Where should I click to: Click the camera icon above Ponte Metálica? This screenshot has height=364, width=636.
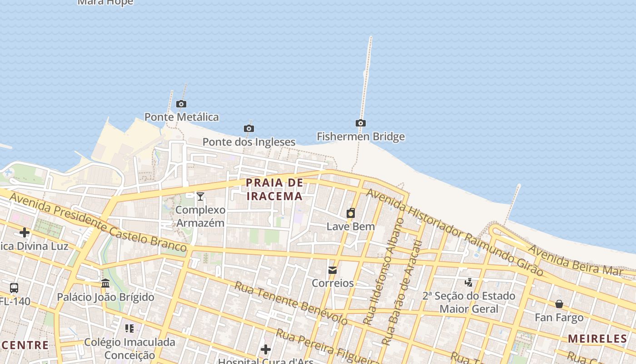click(x=181, y=104)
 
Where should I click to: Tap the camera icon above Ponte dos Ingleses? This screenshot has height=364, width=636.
click(x=249, y=128)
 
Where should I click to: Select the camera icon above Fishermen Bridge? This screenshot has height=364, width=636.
click(x=361, y=123)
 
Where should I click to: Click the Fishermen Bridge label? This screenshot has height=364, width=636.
click(x=361, y=136)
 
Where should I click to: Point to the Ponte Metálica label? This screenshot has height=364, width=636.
click(x=182, y=117)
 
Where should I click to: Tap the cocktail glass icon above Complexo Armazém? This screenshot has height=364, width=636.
click(x=200, y=197)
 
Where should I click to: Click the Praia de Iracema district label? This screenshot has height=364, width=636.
click(x=274, y=189)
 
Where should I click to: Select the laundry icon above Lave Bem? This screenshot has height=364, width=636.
click(x=351, y=213)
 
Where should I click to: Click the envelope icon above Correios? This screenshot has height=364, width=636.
click(x=333, y=270)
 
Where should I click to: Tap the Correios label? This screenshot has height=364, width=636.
click(x=333, y=283)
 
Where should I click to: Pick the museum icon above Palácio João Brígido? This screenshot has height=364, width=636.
click(x=105, y=283)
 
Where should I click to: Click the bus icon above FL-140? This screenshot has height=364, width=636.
click(x=14, y=288)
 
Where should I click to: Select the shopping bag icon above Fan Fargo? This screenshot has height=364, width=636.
click(x=559, y=304)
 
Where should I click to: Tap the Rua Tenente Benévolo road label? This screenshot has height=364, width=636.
click(x=291, y=303)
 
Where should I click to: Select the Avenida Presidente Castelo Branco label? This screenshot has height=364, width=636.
click(x=98, y=222)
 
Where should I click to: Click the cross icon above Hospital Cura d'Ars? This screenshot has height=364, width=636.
click(x=266, y=349)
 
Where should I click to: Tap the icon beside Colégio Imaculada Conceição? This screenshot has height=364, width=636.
click(x=129, y=328)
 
